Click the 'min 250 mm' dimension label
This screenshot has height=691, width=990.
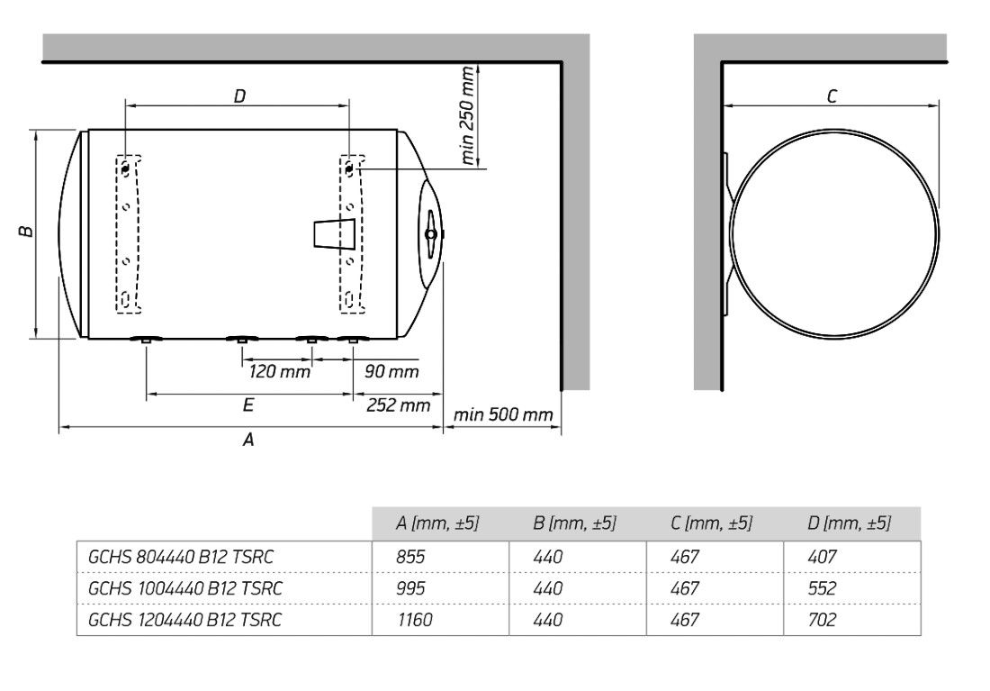(468, 115)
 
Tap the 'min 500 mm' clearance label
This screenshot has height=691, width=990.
(503, 414)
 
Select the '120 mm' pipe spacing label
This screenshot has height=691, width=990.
(279, 371)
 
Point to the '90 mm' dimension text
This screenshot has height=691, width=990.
(391, 371)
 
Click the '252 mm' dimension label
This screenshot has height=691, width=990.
(398, 405)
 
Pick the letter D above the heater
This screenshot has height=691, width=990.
(239, 96)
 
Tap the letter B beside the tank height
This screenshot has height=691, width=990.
(26, 232)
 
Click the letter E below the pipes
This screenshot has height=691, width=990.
(248, 405)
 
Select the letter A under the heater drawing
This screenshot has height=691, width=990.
(248, 439)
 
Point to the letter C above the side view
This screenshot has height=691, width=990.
(832, 96)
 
